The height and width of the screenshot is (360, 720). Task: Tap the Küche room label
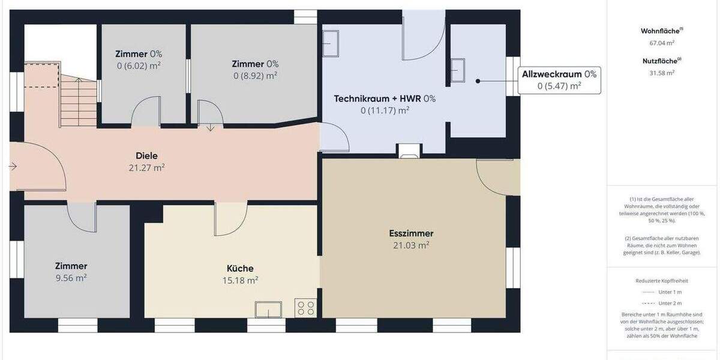click(240, 268)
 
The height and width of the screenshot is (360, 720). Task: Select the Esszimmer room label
click(412, 233)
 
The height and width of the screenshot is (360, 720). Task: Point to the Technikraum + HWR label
click(385, 98)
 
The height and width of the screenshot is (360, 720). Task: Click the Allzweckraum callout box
click(559, 80)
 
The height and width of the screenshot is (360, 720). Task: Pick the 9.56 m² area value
click(71, 278)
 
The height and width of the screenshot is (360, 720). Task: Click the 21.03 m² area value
click(412, 245)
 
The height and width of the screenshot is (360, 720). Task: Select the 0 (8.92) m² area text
click(255, 76)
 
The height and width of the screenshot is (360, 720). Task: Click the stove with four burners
click(305, 308)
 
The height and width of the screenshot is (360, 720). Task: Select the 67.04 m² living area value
click(662, 43)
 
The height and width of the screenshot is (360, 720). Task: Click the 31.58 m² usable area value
click(662, 73)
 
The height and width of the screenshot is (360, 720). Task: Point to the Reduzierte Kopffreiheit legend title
click(662, 280)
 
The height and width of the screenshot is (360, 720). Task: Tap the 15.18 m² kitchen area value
click(240, 280)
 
